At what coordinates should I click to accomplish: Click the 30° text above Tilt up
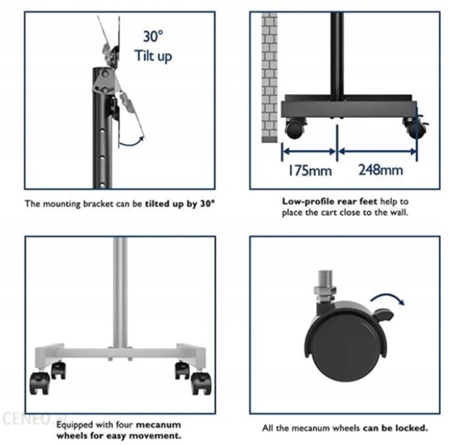[153, 36]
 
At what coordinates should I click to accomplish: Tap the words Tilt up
[153, 56]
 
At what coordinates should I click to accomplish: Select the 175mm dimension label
[310, 170]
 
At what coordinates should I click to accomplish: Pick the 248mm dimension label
[381, 170]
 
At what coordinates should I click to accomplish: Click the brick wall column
[269, 77]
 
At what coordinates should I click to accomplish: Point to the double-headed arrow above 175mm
[310, 151]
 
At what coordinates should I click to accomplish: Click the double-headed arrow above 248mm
[377, 151]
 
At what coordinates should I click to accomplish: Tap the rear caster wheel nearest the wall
[295, 128]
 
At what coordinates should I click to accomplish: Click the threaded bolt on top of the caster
[325, 279]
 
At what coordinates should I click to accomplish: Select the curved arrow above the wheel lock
[388, 298]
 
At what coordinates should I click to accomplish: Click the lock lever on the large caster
[383, 314]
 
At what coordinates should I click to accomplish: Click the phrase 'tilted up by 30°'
[180, 204]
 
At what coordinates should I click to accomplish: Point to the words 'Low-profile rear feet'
[329, 201]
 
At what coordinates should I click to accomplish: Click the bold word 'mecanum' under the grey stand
[158, 425]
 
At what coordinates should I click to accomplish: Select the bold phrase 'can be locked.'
[395, 428]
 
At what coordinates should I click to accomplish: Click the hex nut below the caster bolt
[325, 291]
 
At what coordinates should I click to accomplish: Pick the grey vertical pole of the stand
[120, 293]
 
